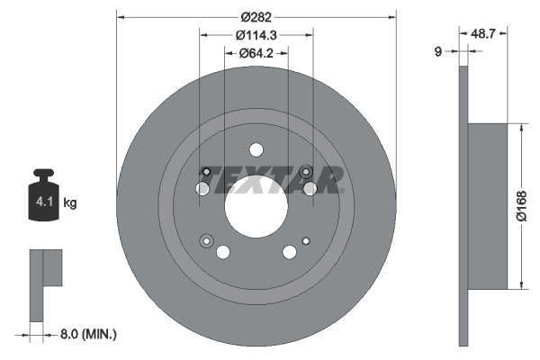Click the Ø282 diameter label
256,17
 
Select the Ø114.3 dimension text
256,35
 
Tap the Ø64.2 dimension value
256,53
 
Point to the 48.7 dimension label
482,33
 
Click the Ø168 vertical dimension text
522,206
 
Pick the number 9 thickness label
438,51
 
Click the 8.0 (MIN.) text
88,334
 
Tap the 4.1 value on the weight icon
44,202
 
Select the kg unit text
70,202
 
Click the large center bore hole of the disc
256,206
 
